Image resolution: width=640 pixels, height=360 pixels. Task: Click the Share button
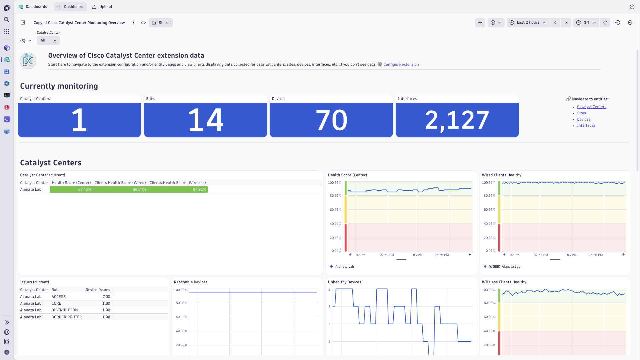point(161,23)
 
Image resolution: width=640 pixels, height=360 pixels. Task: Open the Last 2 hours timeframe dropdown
point(528,23)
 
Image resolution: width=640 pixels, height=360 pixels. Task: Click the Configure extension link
point(401,65)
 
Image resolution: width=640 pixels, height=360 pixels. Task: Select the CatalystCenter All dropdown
point(48,41)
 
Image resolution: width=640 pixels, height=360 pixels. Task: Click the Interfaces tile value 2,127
point(457,120)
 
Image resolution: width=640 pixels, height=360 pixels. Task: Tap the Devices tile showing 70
point(331,120)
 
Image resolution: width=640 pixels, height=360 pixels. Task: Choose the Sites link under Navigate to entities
point(581,113)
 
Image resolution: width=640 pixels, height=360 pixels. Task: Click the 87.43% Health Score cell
point(71,190)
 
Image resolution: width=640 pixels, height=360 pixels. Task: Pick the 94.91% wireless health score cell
point(178,190)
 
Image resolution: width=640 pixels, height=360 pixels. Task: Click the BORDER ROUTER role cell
point(67,317)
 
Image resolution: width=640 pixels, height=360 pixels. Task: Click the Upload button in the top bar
point(102,7)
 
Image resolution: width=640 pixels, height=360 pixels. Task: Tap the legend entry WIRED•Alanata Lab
point(504,267)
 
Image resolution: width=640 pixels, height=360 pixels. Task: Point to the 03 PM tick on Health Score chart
point(418,255)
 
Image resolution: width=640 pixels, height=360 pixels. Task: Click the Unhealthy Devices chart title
point(344,282)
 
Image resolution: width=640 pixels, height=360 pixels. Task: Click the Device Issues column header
point(98,290)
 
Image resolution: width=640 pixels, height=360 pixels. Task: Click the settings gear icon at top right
point(630,23)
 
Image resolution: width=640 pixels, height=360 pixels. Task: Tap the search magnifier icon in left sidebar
point(7,20)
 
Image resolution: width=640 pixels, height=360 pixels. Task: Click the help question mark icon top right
point(632,7)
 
